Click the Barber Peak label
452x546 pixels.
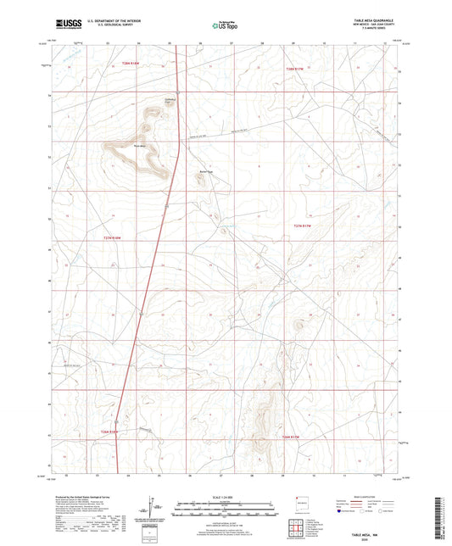pyautogui.click(x=203, y=170)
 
